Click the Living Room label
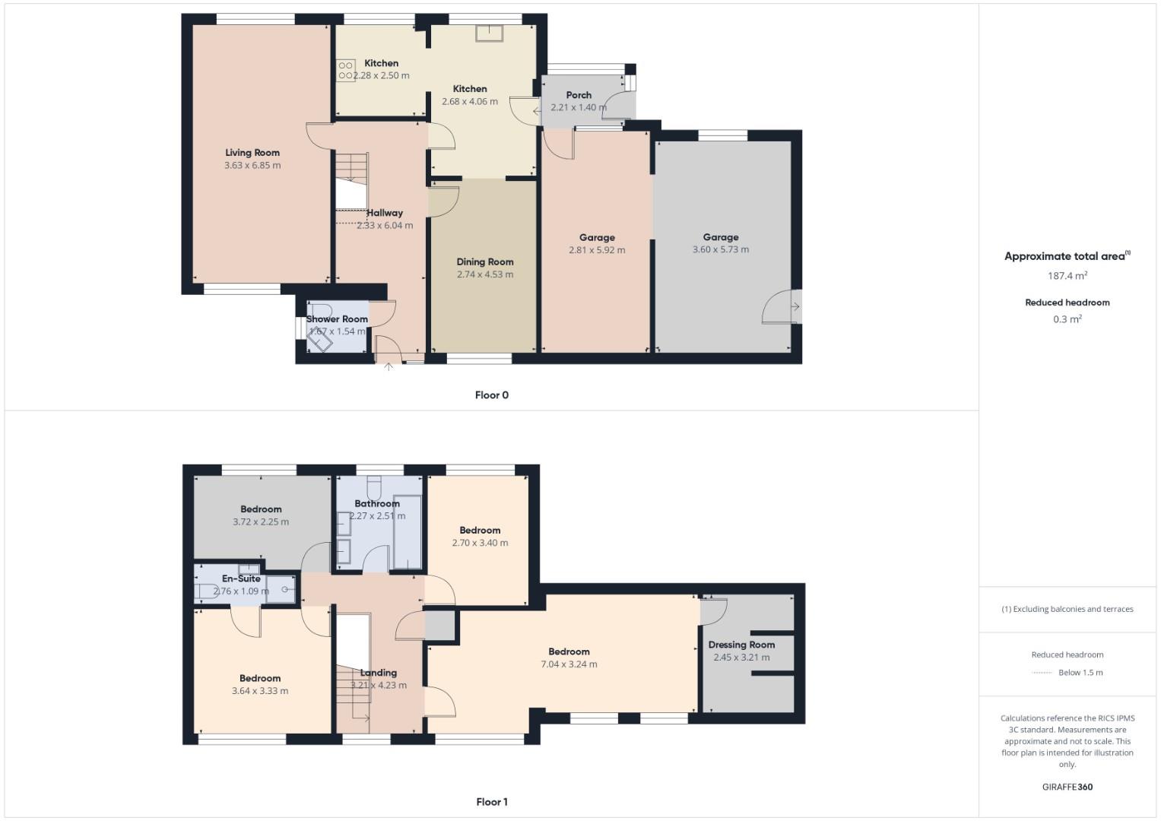(252, 153)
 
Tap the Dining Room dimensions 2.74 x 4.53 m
(485, 274)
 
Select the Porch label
(579, 95)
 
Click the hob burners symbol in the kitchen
(346, 70)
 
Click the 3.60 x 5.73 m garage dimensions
(720, 249)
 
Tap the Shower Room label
(337, 319)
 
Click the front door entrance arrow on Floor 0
(389, 366)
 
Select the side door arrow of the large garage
(795, 307)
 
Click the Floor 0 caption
(491, 395)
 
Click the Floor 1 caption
(491, 802)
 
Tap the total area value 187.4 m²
(1067, 276)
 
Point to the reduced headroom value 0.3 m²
(1067, 319)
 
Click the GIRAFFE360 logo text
(1067, 787)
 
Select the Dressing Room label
(741, 645)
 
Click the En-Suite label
(241, 579)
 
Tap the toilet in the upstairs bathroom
(374, 487)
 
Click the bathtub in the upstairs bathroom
(407, 532)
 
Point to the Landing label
(378, 673)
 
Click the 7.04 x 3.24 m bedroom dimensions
(569, 664)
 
